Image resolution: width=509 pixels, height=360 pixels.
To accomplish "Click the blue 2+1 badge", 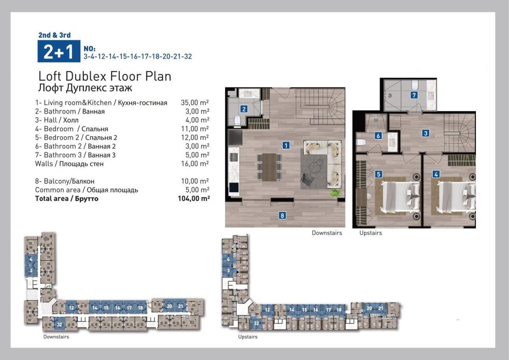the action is [x=59, y=51].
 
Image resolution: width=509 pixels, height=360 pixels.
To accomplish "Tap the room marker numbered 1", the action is [x=286, y=145].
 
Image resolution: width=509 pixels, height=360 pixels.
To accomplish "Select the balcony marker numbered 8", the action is [x=282, y=215].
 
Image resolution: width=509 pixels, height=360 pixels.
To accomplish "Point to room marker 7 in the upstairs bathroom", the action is [x=414, y=95].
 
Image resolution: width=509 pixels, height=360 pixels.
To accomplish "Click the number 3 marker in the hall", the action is [x=425, y=133].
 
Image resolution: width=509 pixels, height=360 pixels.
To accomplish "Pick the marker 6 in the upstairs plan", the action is [x=378, y=136].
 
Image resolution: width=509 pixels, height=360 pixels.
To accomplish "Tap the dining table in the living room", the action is [x=269, y=167].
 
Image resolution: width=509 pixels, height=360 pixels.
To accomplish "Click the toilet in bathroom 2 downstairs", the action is [x=237, y=120].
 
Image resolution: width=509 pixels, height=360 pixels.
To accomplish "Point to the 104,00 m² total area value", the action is [x=194, y=199].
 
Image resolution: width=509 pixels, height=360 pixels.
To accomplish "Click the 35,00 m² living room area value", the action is [x=195, y=103].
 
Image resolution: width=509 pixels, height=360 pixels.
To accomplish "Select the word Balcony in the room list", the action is [x=56, y=181].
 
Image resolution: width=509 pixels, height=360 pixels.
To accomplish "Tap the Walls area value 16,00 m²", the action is [x=195, y=164].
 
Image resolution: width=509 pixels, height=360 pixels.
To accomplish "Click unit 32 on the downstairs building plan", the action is [x=59, y=324].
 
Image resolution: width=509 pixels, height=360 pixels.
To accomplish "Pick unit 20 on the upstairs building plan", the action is [x=369, y=308].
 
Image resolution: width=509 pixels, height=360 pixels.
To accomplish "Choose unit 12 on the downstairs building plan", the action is [x=71, y=308].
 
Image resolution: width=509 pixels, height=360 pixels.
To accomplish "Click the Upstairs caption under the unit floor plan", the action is [x=371, y=233].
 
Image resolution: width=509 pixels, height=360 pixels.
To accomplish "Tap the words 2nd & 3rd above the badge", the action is [x=55, y=35].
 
